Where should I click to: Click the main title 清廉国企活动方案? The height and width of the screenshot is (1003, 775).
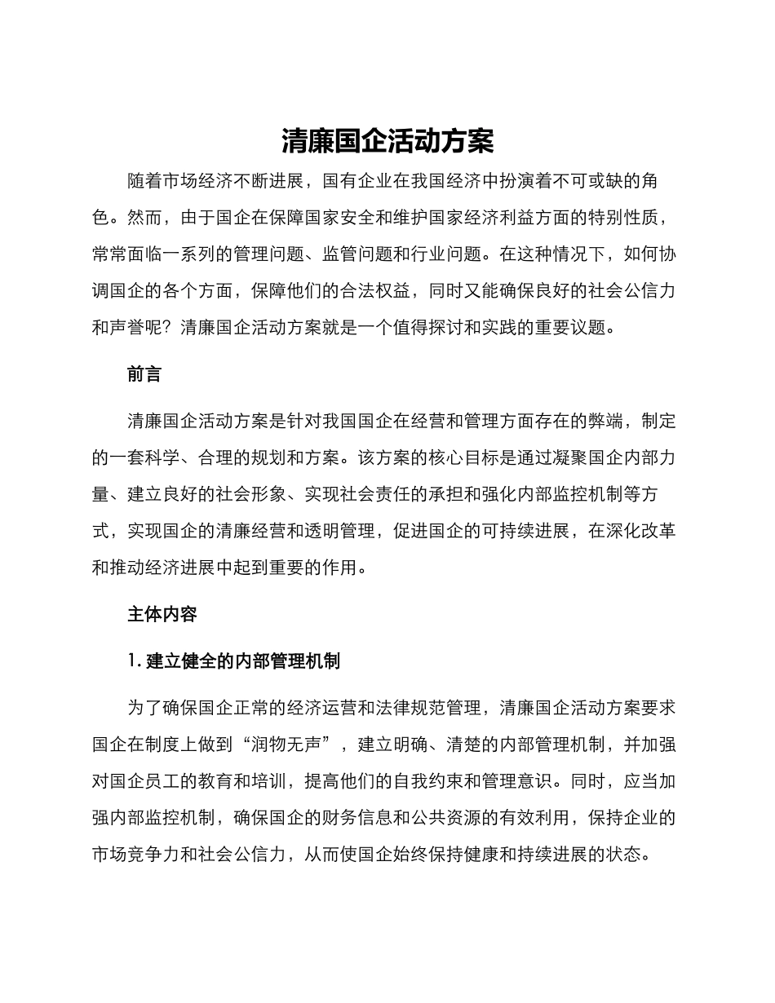(x=387, y=141)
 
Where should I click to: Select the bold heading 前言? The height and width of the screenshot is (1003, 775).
(x=144, y=374)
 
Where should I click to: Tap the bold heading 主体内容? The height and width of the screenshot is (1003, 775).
(x=162, y=614)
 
